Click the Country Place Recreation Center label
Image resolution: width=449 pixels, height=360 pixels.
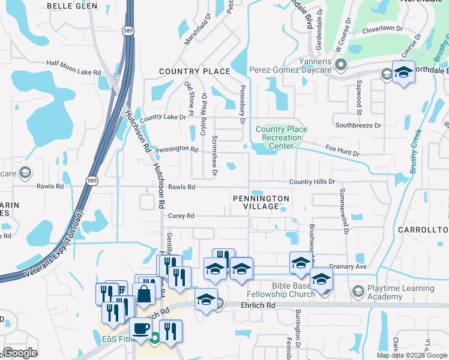[x=281, y=137]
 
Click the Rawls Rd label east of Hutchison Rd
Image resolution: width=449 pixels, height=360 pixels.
[x=181, y=187]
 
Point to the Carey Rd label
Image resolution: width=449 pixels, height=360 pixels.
[x=182, y=216]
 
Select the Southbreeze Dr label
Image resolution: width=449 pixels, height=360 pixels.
[x=358, y=125]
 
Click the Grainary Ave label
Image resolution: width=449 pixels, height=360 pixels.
[x=348, y=266]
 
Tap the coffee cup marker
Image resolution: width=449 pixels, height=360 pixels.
[x=141, y=329]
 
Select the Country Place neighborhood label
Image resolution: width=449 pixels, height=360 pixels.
[x=194, y=71]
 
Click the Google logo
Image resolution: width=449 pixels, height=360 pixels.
[x=20, y=353]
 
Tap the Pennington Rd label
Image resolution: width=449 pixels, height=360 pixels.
[x=176, y=149]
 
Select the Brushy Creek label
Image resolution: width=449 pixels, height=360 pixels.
[x=415, y=152]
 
